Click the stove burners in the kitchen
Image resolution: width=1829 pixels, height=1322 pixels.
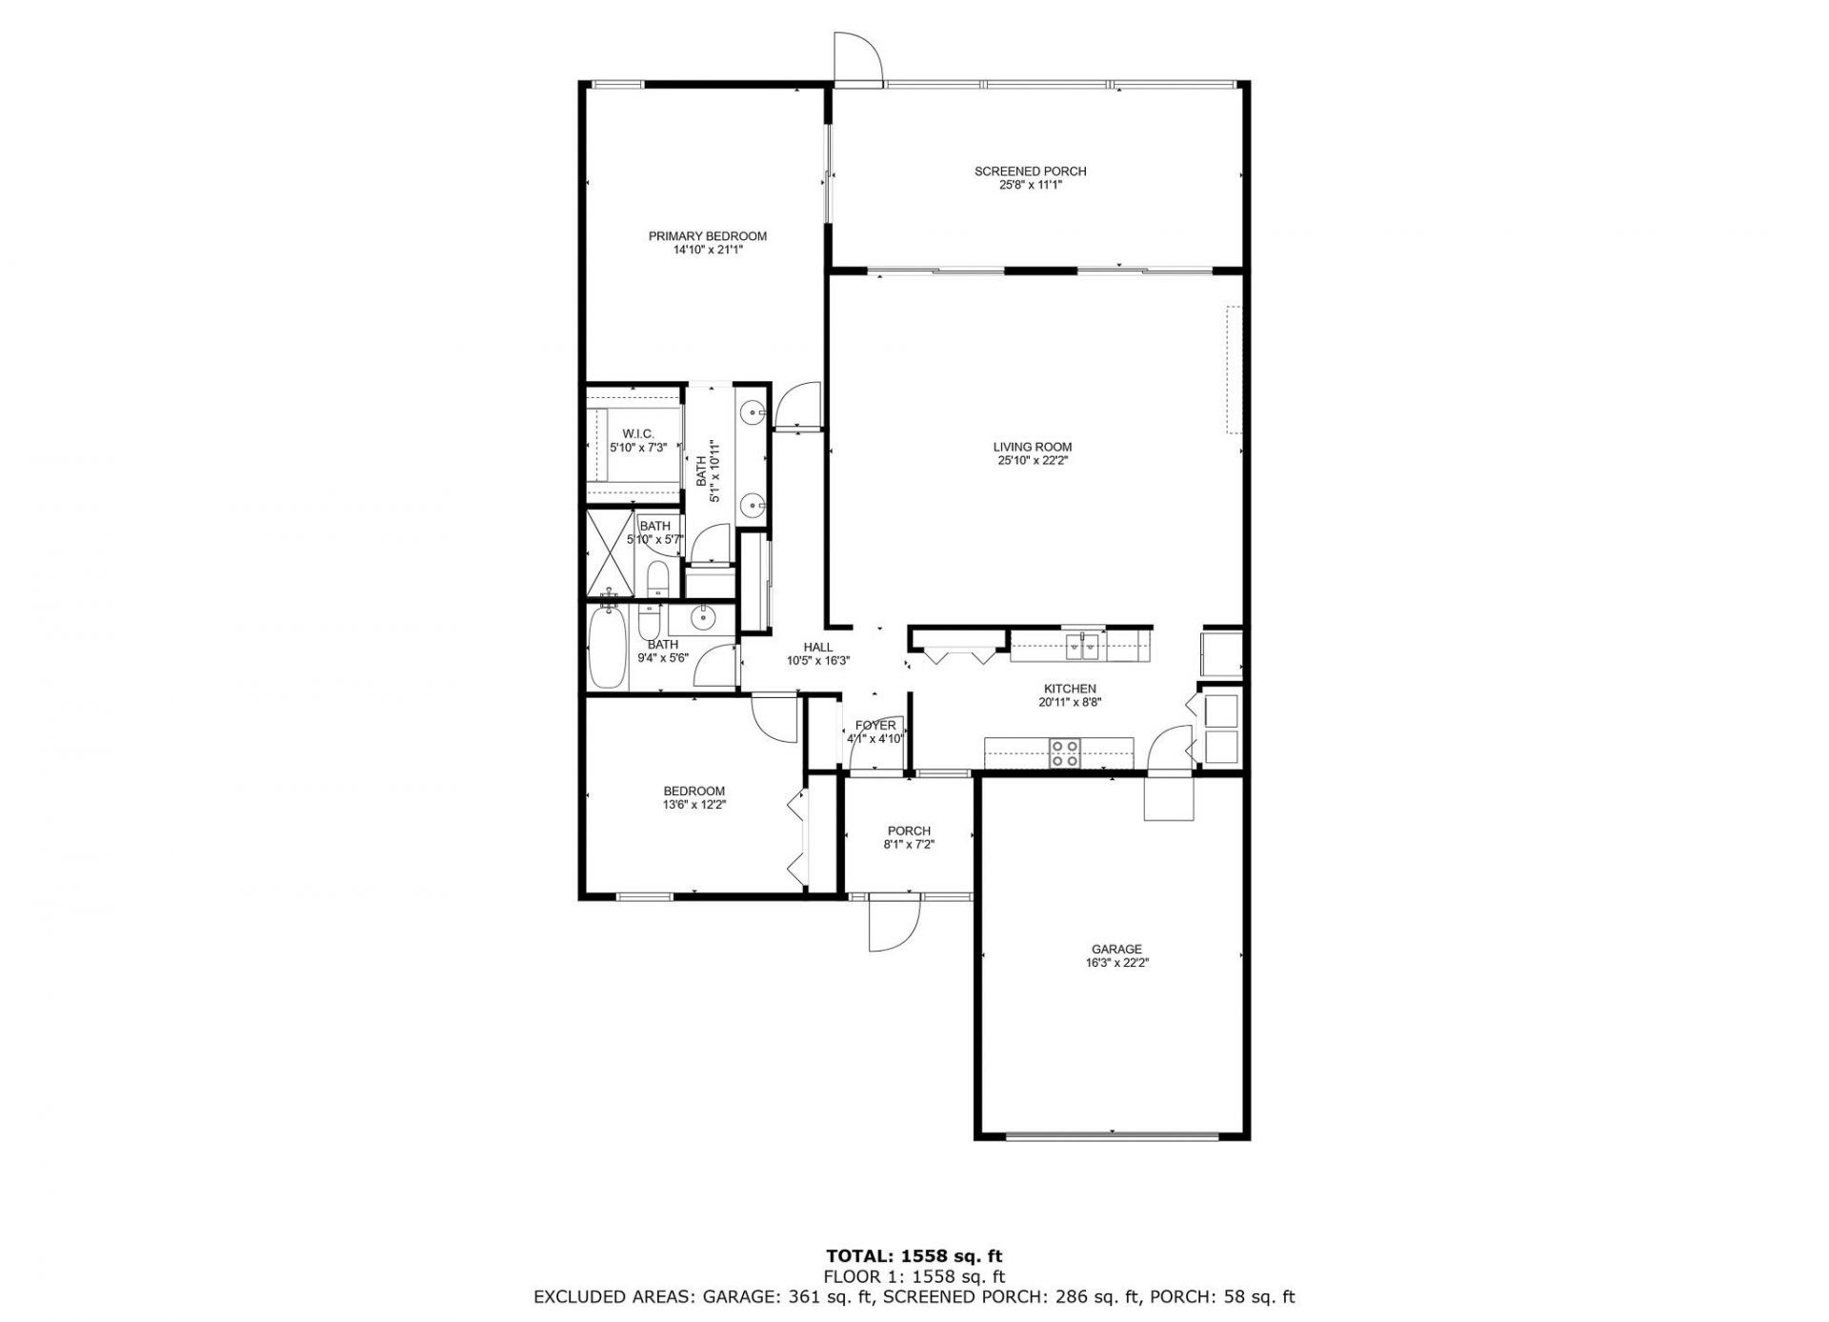coord(1064,753)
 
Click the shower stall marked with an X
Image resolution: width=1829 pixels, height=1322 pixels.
coord(610,553)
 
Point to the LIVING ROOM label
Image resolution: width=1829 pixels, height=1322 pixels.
coord(1032,447)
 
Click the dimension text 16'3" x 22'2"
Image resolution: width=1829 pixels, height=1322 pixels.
coord(1116,963)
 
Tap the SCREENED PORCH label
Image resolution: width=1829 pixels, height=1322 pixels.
coord(1030,171)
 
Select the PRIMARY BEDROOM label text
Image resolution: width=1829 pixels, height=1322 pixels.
coord(707,236)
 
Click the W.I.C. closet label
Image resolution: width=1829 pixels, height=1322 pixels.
coord(637,433)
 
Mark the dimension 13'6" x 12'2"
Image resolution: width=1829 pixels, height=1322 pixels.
coord(693,805)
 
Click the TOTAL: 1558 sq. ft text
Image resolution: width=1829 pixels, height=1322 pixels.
coord(914,1256)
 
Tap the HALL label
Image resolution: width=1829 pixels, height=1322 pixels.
coord(817,648)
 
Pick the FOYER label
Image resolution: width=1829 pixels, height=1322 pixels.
coord(874,726)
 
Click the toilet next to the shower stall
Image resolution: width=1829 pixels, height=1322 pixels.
coord(656,578)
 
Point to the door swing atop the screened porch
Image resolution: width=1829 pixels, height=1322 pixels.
coord(856,59)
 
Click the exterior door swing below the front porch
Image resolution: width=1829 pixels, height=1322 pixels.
coord(893,924)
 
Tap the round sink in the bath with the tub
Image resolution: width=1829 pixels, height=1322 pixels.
coord(703,618)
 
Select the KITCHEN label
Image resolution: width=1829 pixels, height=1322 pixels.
coord(1069,689)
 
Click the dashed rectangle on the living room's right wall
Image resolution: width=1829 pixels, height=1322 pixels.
coord(1235,370)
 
